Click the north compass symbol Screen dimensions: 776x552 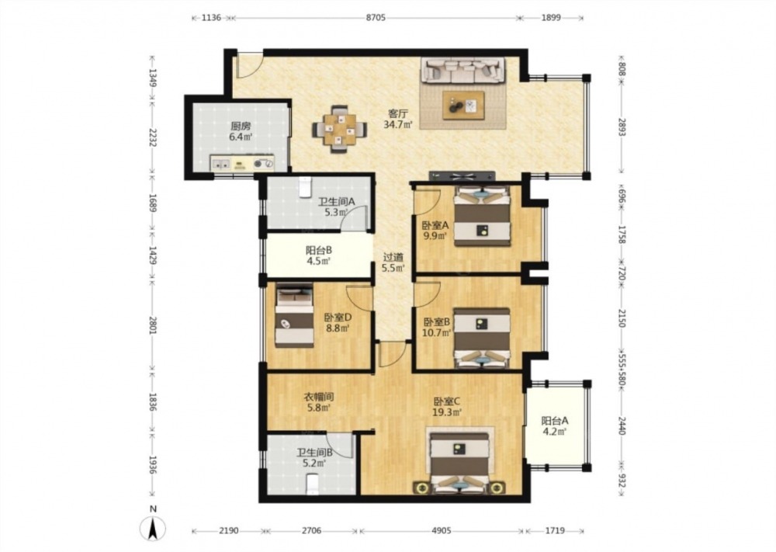click(x=154, y=528)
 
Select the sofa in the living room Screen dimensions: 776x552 click(x=462, y=70)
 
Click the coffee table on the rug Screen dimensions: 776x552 click(x=463, y=106)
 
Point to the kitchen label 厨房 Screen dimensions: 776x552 click(x=241, y=127)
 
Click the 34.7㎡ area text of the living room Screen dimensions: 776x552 click(x=398, y=125)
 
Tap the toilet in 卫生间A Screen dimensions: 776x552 click(x=305, y=186)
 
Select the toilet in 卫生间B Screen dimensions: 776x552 click(x=312, y=484)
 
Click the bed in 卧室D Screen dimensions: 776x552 click(x=295, y=315)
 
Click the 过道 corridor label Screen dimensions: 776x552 click(x=393, y=258)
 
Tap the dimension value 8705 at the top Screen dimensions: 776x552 click(x=376, y=18)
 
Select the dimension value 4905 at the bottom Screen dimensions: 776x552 click(x=442, y=531)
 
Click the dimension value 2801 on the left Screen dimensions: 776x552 click(x=153, y=325)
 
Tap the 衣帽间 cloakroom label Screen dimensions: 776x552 click(x=318, y=397)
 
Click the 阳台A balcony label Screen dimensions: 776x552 click(x=555, y=421)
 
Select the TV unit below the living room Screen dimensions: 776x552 click(x=462, y=175)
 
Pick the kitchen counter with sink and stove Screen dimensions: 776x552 click(x=242, y=163)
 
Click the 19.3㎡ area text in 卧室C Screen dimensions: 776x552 click(x=448, y=412)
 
